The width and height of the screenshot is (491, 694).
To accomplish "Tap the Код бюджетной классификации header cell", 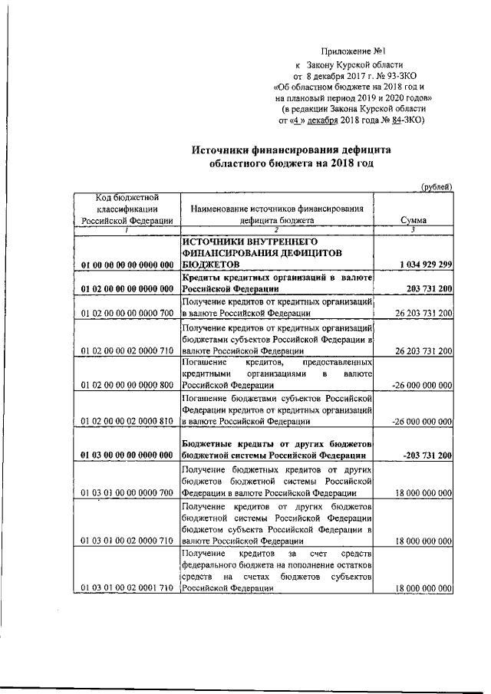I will pyautogui.click(x=127, y=208).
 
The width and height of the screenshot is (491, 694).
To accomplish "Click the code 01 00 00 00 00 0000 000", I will pyautogui.click(x=127, y=265).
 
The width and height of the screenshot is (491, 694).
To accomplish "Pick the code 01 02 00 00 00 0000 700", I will pyautogui.click(x=127, y=313).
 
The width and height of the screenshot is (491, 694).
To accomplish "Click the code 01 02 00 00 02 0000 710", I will pyautogui.click(x=127, y=350).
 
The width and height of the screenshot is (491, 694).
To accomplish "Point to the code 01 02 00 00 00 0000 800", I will pyautogui.click(x=127, y=386).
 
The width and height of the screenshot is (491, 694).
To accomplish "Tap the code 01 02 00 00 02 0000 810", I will pyautogui.click(x=127, y=422).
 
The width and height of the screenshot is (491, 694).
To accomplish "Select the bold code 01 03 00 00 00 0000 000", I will pyautogui.click(x=127, y=456).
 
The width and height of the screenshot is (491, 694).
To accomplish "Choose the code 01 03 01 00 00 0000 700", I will pyautogui.click(x=127, y=492).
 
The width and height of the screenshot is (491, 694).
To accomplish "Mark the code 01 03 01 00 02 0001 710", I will pyautogui.click(x=127, y=588).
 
